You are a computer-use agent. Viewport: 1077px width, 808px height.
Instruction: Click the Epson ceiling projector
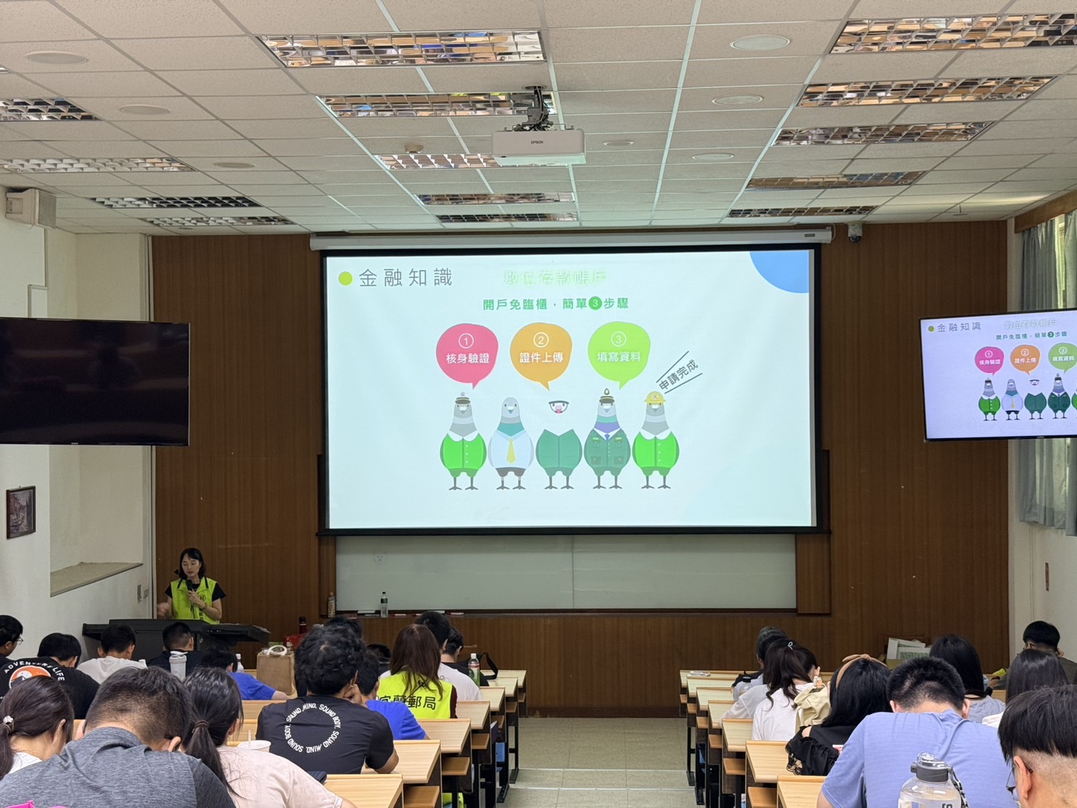coord(538,147)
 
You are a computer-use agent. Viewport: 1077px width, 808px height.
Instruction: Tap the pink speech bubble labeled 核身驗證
coord(467,353)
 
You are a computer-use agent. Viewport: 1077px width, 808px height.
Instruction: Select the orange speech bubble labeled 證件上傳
coord(540,353)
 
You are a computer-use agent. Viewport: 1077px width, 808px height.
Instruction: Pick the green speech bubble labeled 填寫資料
coord(618,351)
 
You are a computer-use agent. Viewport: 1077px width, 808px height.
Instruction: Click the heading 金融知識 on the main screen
coord(405,278)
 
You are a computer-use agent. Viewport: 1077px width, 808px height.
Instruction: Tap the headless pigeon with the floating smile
coord(559,445)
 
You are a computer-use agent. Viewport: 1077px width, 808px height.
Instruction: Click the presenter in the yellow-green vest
coord(193,587)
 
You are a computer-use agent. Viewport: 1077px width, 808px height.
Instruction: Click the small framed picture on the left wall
coord(20,511)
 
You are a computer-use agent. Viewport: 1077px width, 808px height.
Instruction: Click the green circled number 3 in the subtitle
coord(595,303)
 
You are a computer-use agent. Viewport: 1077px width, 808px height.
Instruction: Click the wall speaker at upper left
coord(30,207)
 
